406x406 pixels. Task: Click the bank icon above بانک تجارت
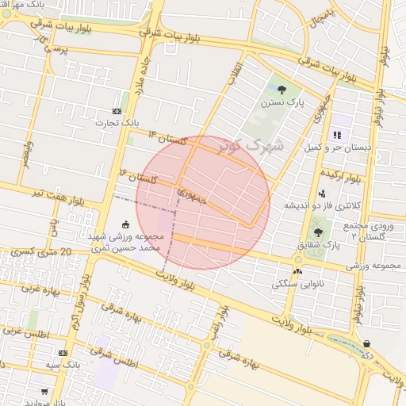point(117,111)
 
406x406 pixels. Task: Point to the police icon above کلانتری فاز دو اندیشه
point(321,193)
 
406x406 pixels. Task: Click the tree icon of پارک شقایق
point(318,232)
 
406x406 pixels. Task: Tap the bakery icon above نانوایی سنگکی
point(297,271)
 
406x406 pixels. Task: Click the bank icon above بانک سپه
point(63,352)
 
